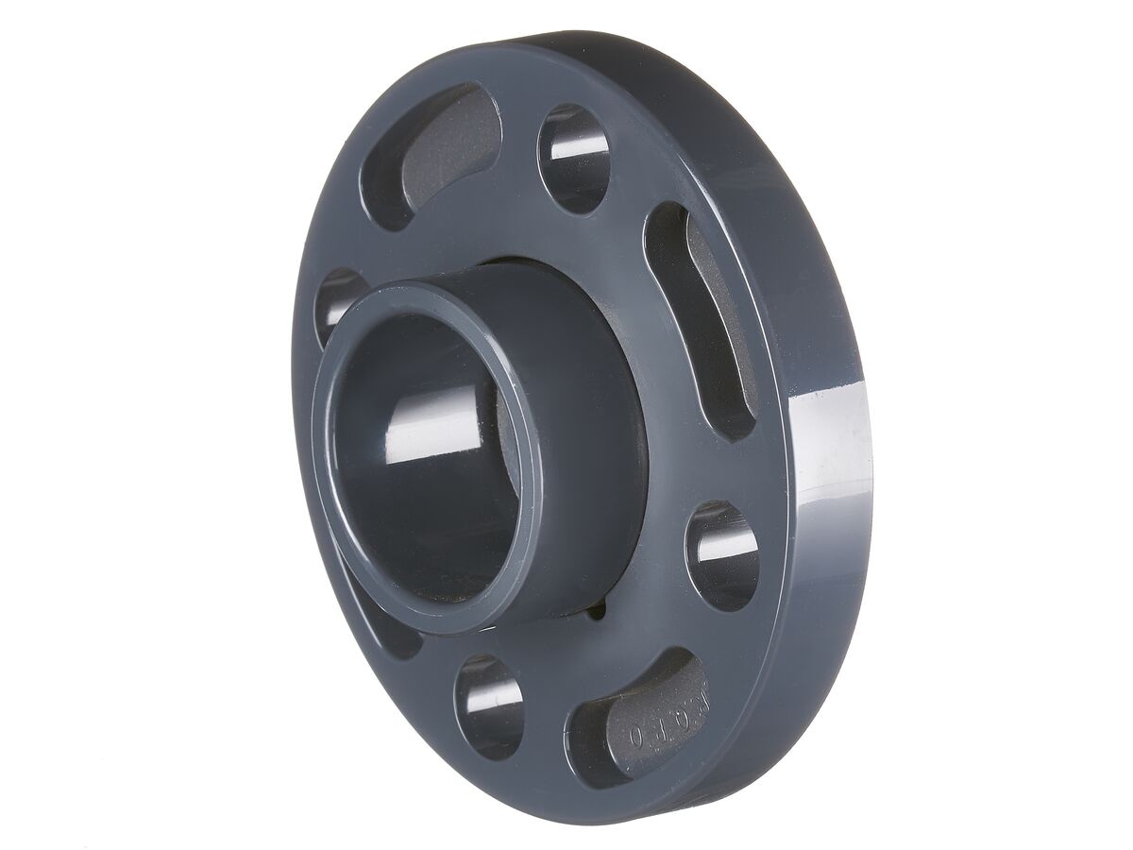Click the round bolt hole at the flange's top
coord(573,159)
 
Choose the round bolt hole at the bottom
coord(488,706)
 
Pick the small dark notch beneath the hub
coord(593,614)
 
